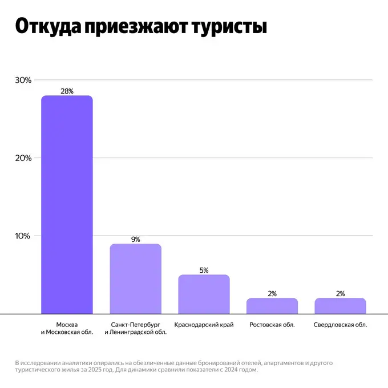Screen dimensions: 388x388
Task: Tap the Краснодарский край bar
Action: click(204, 294)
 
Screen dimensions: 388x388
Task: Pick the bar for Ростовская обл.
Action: click(272, 306)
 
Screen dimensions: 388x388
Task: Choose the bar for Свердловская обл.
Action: click(340, 306)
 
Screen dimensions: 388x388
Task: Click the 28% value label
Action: click(67, 91)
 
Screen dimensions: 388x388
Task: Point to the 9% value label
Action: click(135, 240)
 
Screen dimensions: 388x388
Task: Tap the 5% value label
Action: click(204, 270)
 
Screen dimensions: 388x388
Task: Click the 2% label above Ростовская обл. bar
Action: click(272, 294)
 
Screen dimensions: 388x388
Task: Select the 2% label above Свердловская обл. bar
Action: click(340, 294)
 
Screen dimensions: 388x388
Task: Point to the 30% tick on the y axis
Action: click(23, 80)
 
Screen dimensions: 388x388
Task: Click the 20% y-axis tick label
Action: click(23, 158)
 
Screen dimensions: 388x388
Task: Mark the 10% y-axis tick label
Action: click(23, 236)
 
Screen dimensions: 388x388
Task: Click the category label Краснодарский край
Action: click(204, 325)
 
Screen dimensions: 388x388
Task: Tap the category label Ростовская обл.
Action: click(272, 325)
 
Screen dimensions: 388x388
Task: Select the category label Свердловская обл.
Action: click(340, 325)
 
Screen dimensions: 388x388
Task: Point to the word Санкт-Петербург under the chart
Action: click(135, 325)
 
